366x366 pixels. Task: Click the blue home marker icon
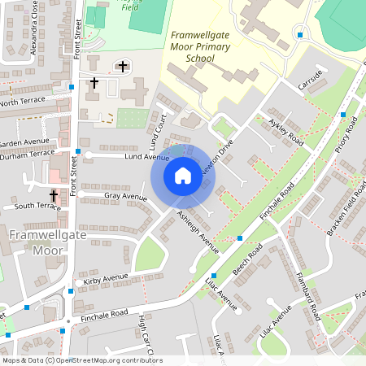[183, 175]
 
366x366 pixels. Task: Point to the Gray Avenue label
[124, 197]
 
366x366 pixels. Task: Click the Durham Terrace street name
[27, 153]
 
